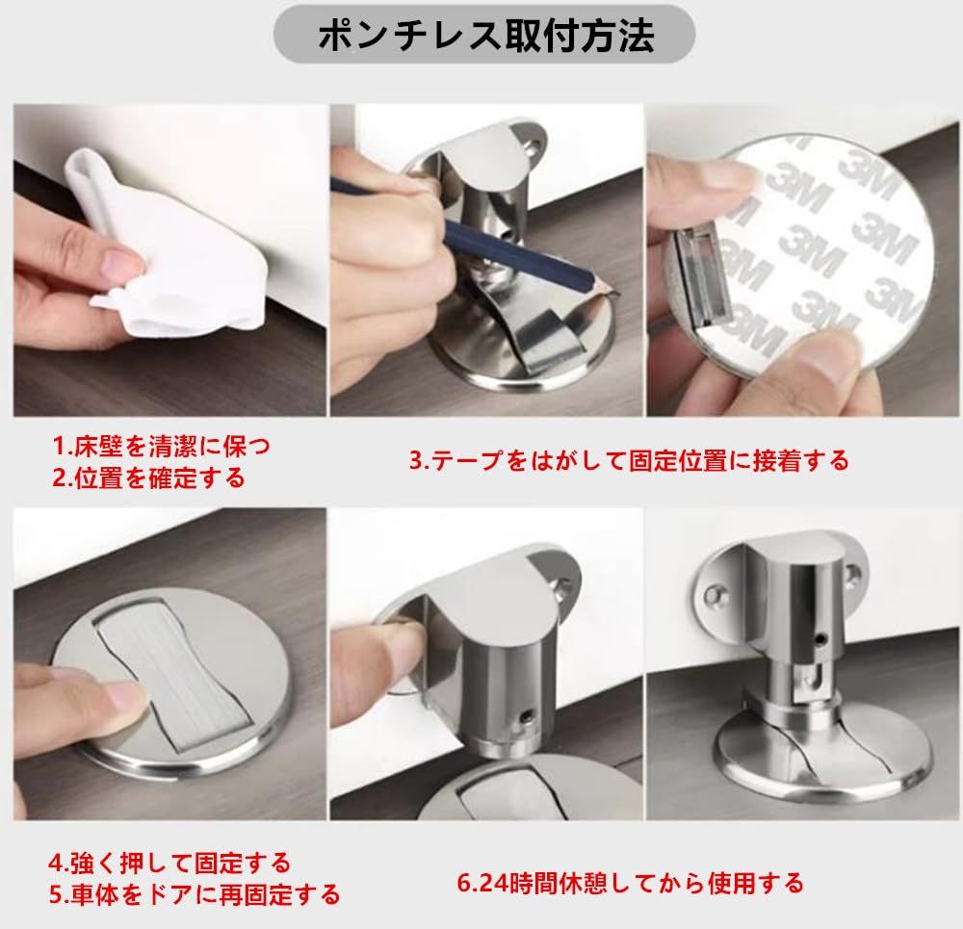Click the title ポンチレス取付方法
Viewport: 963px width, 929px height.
485,35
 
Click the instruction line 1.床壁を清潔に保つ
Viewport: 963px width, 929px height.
162,447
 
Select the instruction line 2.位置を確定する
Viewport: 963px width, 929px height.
148,477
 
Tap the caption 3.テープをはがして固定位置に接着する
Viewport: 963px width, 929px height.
629,460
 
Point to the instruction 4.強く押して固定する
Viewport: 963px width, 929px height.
169,863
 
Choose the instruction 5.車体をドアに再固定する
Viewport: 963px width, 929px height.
195,894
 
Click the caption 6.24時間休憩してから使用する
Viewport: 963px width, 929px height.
631,884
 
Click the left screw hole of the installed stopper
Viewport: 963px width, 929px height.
714,594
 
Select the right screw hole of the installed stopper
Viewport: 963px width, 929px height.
852,575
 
